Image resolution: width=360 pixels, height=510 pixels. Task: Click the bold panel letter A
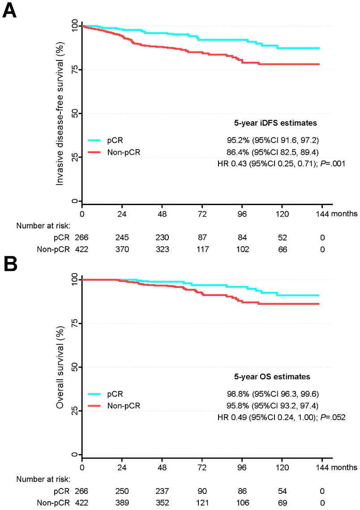pos(9,10)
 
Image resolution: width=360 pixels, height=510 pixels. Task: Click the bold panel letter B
pos(9,265)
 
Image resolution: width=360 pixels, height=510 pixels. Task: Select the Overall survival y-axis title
pos(59,367)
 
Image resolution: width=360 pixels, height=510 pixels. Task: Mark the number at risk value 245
pos(122,237)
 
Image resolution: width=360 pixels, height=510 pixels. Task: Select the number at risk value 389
pos(122,502)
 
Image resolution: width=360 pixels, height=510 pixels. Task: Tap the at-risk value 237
pos(162,491)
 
